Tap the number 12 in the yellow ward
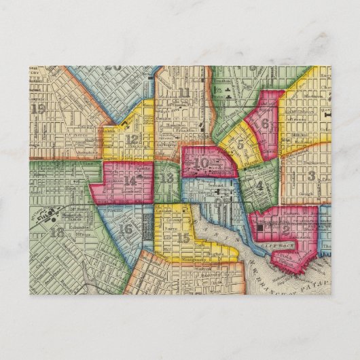coord(132,141)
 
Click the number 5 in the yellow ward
coord(240,143)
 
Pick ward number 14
coord(130,181)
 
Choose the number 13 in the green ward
coord(167,179)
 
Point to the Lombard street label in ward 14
coord(133,193)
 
